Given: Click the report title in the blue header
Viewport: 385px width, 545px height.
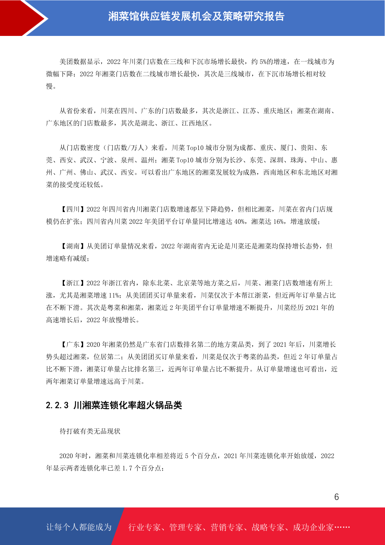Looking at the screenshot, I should tap(196, 16).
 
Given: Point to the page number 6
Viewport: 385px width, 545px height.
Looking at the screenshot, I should tap(337, 497).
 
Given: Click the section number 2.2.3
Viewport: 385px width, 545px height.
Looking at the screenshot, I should tap(57, 405).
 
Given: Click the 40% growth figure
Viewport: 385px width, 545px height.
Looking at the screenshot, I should tap(239, 222).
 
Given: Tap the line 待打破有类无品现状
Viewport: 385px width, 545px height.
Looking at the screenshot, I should tap(90, 431).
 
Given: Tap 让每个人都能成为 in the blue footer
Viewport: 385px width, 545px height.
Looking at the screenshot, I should tap(79, 527).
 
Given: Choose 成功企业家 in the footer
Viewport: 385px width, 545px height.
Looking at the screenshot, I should tap(313, 527).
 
